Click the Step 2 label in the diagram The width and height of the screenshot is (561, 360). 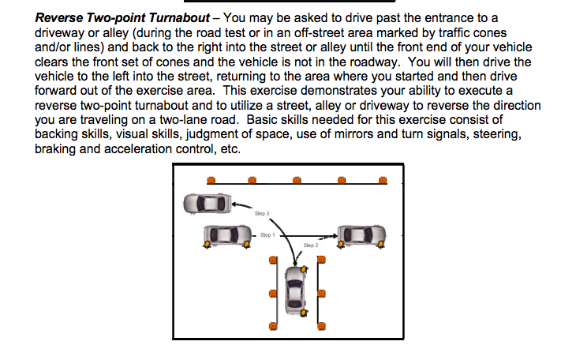311,246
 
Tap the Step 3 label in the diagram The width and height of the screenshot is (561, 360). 263,213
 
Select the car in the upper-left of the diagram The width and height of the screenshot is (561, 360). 208,203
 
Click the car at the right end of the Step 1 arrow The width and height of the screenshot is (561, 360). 362,234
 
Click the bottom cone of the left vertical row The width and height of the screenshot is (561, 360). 272,324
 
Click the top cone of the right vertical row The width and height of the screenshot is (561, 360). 321,261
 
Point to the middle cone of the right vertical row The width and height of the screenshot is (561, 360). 321,294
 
